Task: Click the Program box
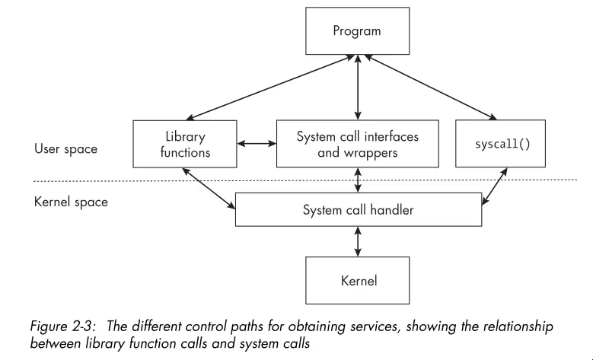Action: [356, 33]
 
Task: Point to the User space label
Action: [66, 149]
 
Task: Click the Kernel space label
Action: [71, 202]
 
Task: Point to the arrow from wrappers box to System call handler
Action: [356, 180]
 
